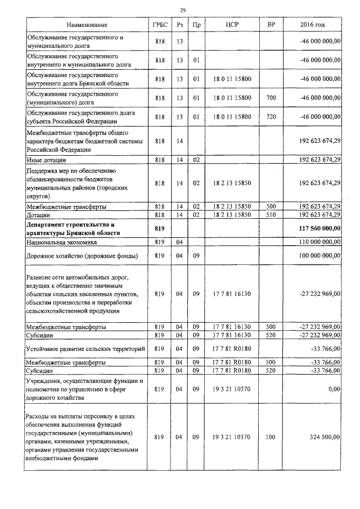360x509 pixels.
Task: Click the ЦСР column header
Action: tap(232, 25)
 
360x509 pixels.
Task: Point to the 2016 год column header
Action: tap(312, 25)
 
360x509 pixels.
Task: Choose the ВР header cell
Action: tap(271, 25)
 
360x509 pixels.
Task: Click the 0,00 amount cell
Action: tap(334, 388)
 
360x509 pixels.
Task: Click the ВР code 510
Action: tap(271, 214)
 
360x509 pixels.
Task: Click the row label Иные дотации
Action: tap(47, 160)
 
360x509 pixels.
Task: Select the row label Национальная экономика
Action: tap(64, 242)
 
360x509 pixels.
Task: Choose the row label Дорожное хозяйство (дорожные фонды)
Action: tap(83, 256)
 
